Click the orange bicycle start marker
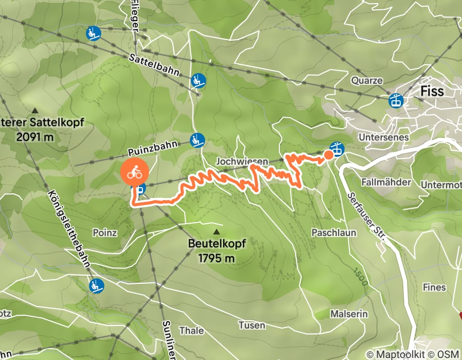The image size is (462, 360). click(x=135, y=173)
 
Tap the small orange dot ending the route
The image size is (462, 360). click(x=328, y=155)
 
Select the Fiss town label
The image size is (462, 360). click(x=432, y=91)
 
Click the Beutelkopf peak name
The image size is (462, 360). click(x=216, y=243)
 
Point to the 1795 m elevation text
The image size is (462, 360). click(x=216, y=258)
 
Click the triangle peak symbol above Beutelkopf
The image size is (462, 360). click(x=216, y=231)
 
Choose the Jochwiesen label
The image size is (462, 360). click(x=242, y=161)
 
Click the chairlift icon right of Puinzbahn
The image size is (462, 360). click(x=197, y=139)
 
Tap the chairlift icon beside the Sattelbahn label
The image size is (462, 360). click(x=198, y=80)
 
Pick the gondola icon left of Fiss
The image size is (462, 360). click(x=396, y=100)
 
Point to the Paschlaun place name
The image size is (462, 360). click(x=334, y=232)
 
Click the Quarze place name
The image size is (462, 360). click(x=367, y=80)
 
